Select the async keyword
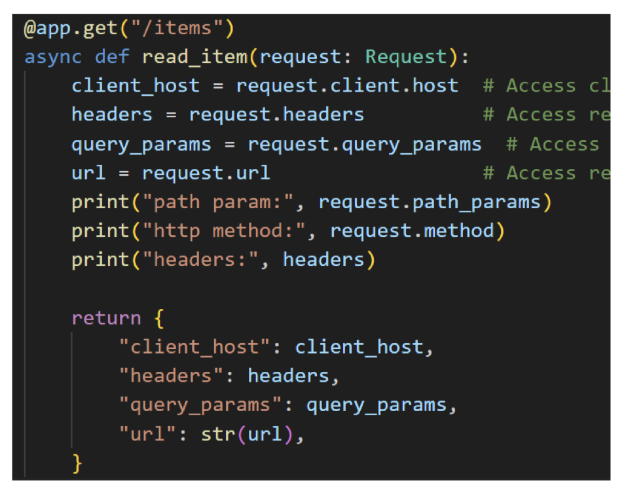(53, 57)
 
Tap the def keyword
(112, 57)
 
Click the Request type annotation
(406, 57)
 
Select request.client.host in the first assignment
(347, 86)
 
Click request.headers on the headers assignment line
(276, 115)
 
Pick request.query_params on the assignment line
(364, 144)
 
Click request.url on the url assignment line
(206, 173)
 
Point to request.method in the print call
(413, 230)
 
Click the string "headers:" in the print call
(206, 260)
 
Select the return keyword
(106, 318)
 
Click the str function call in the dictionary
(212, 434)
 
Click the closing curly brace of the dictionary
(77, 463)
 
